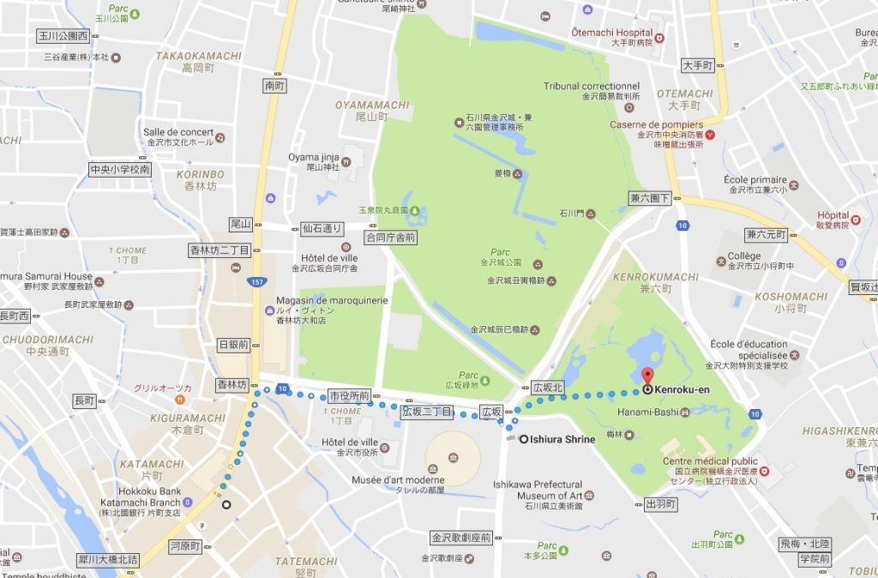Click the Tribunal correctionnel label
592,87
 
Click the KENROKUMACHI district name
656,277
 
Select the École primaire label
755,180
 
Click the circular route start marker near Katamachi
226,505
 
